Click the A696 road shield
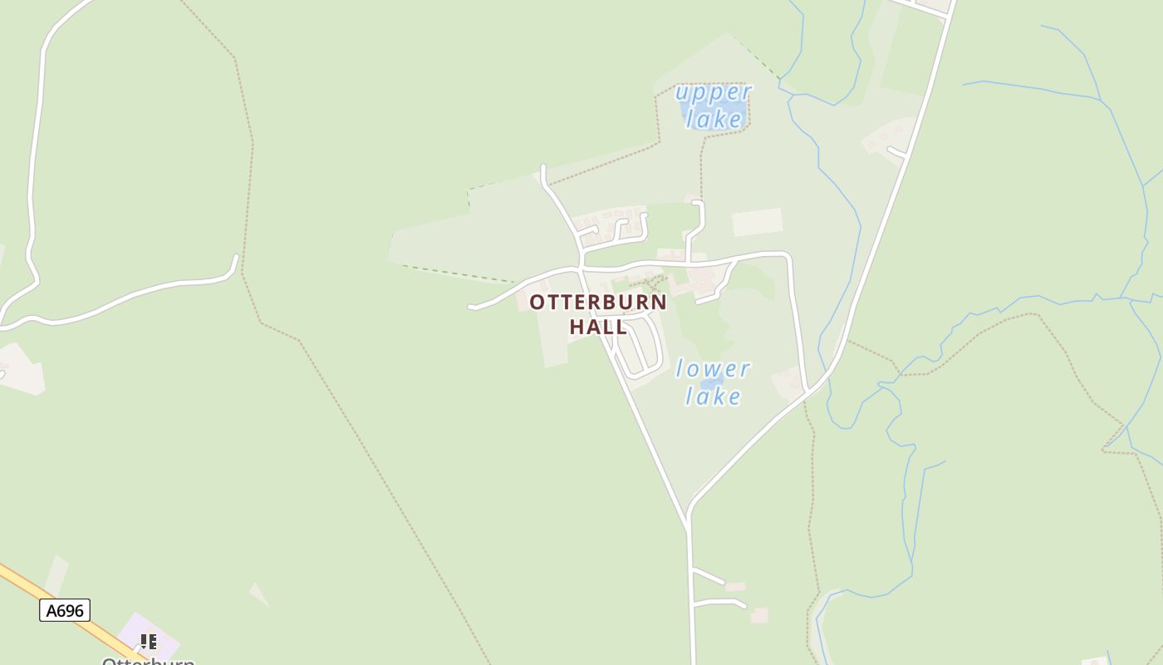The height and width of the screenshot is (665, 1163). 65,611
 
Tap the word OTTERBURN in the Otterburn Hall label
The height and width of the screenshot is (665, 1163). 598,302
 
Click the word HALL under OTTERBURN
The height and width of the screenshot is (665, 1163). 598,327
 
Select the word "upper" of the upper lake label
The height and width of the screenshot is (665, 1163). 714,91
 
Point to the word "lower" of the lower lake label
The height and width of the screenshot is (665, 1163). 713,368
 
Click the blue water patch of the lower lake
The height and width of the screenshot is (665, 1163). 711,382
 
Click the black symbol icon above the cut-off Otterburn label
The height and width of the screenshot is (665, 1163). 148,641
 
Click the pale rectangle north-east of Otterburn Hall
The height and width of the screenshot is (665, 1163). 758,222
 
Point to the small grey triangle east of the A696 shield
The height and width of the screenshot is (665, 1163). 259,594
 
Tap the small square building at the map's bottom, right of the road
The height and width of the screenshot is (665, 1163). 759,615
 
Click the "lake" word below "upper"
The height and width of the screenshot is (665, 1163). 714,120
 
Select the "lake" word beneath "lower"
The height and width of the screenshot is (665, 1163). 713,397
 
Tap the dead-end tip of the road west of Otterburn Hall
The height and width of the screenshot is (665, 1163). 471,308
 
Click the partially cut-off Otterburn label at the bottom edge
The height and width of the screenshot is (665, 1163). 148,660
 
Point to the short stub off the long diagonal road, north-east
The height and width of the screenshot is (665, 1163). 896,151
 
